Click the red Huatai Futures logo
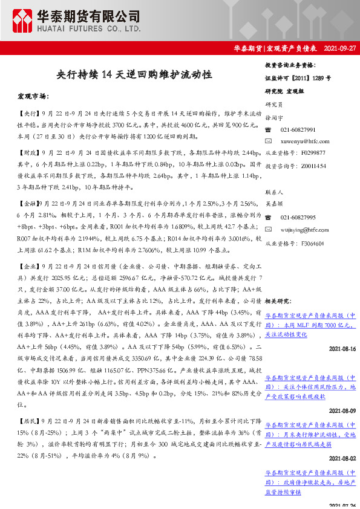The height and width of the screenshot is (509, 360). (x=21, y=20)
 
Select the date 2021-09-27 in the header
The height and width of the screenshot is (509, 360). (x=339, y=48)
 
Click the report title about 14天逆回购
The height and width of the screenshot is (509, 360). (x=134, y=74)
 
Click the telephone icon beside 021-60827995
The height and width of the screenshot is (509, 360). (x=269, y=217)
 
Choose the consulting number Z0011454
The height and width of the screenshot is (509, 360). (x=312, y=164)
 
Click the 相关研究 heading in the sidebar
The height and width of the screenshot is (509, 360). (x=279, y=300)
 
